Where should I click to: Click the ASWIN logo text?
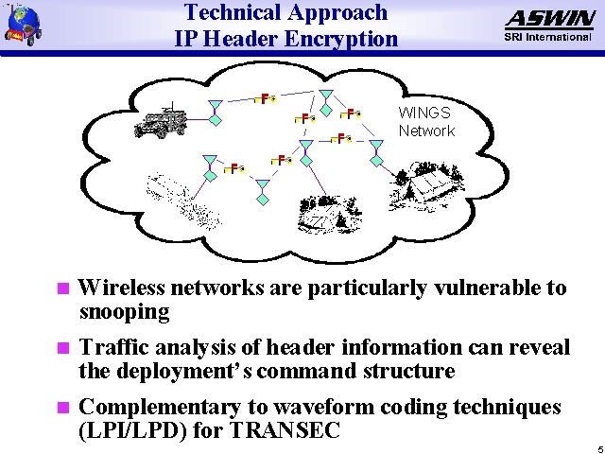coord(549,19)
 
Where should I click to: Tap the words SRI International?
coord(549,38)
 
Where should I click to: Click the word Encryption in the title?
coord(343,40)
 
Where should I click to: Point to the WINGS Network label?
coord(426,121)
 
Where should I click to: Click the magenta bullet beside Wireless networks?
coord(63,288)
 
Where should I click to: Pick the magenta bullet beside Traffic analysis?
coord(63,348)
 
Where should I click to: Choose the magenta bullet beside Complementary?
coord(63,409)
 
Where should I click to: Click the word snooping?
coord(124,311)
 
